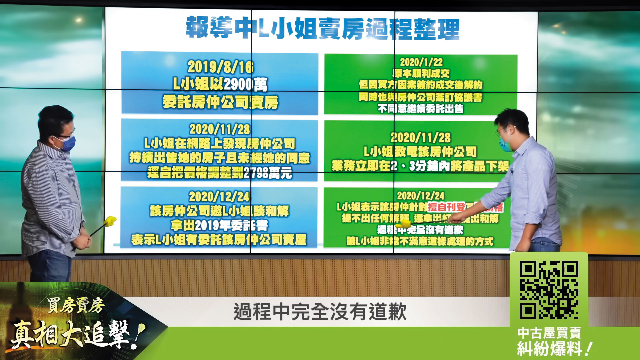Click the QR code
[x=549, y=289]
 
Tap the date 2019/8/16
[x=220, y=67]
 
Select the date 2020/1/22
[x=421, y=62]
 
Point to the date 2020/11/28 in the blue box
[x=220, y=129]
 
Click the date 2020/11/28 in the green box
[x=420, y=137]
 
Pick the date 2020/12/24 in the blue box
[x=219, y=196]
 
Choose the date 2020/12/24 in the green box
[x=420, y=195]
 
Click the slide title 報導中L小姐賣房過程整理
[x=322, y=28]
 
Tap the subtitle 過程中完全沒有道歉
[x=320, y=312]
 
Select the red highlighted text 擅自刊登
[x=446, y=207]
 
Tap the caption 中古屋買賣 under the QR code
[x=549, y=333]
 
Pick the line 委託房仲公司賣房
[x=220, y=102]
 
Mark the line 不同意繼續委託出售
[x=421, y=109]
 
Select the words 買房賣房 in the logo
[x=76, y=305]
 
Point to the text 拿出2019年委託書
[x=219, y=225]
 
